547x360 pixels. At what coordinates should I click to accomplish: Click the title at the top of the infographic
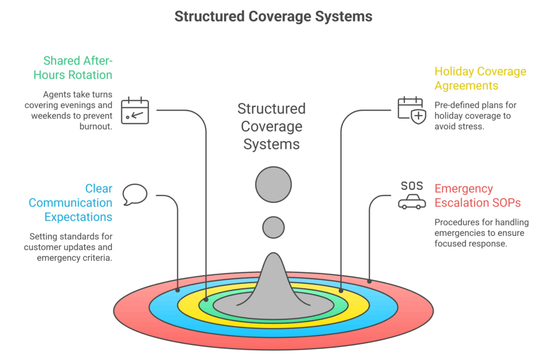click(273, 17)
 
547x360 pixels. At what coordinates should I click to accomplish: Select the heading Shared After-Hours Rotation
click(73, 68)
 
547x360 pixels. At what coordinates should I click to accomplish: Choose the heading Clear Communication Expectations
click(71, 203)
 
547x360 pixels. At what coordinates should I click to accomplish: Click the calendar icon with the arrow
click(135, 111)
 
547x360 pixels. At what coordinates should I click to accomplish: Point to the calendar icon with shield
click(412, 111)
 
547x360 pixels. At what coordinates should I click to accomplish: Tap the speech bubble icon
click(135, 194)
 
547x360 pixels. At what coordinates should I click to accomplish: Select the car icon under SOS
click(412, 201)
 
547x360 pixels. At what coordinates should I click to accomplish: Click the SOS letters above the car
click(412, 185)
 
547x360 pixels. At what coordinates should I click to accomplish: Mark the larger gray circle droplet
click(273, 185)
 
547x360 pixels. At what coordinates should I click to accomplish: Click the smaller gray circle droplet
click(273, 227)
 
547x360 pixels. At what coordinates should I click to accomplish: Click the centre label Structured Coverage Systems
click(271, 127)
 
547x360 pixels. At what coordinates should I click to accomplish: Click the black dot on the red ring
click(369, 280)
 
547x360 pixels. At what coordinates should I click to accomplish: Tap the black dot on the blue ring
click(178, 291)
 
